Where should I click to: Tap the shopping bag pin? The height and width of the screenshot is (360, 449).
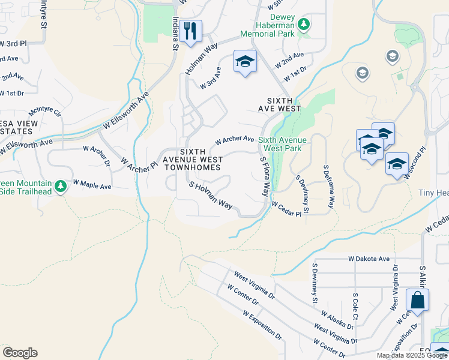click(x=417, y=301)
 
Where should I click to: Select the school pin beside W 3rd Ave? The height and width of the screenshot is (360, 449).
click(x=245, y=61)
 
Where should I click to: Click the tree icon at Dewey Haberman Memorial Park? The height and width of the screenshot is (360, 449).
click(x=304, y=24)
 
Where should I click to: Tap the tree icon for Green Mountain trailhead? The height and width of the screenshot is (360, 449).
click(x=60, y=187)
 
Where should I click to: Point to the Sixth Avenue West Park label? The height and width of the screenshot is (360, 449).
click(x=282, y=144)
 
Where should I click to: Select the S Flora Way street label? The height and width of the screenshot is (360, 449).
click(x=264, y=176)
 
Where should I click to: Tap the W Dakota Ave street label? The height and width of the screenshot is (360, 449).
click(x=369, y=259)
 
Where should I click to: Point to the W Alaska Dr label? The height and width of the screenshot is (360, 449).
click(x=337, y=320)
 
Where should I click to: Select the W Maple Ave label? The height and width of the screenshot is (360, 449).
click(x=92, y=184)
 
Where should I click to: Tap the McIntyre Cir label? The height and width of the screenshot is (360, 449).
click(x=45, y=112)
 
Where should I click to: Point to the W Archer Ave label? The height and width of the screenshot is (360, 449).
click(x=235, y=139)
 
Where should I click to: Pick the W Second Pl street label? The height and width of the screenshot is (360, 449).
click(x=415, y=163)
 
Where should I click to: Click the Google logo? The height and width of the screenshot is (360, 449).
click(x=20, y=353)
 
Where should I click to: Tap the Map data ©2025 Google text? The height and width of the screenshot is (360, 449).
click(x=411, y=355)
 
